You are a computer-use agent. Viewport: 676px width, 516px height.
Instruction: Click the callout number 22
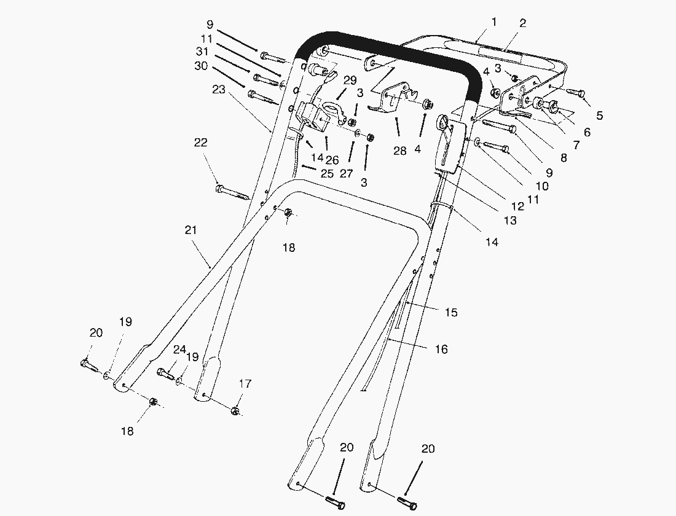(x=200, y=143)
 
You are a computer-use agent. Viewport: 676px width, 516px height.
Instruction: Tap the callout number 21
(x=191, y=230)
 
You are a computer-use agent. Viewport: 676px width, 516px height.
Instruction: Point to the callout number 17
(x=245, y=384)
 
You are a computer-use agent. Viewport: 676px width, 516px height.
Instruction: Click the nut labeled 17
(x=235, y=410)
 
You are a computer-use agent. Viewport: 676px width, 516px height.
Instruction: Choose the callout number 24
(x=179, y=349)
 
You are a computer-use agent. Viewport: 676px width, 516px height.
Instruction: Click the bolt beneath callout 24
(x=167, y=372)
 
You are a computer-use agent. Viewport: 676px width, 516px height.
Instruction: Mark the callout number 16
(x=441, y=349)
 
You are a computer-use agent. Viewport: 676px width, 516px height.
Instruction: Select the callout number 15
(x=451, y=313)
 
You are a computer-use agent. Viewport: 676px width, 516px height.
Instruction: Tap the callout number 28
(x=399, y=151)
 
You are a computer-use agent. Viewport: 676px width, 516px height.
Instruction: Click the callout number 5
(x=599, y=115)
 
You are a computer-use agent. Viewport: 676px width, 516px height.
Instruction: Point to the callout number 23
(x=219, y=89)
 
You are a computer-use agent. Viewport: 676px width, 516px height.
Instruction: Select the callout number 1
(x=493, y=22)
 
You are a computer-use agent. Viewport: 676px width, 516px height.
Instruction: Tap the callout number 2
(x=522, y=23)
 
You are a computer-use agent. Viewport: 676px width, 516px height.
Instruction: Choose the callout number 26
(x=332, y=160)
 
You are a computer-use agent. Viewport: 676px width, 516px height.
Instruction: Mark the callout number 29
(x=350, y=80)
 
